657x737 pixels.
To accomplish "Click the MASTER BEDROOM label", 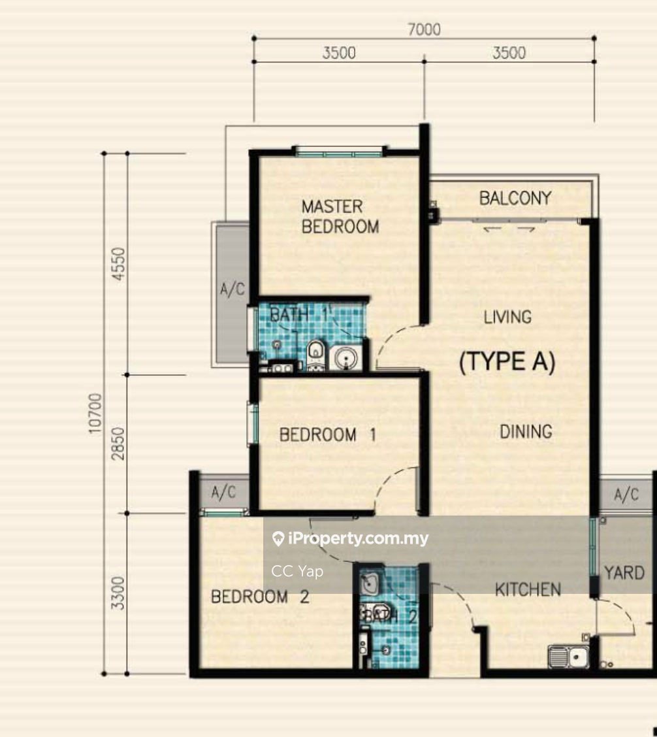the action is click(340, 217).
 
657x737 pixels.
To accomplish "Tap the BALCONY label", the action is click(515, 198).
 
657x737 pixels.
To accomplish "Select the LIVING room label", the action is click(507, 317).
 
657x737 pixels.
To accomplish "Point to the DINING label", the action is click(526, 431).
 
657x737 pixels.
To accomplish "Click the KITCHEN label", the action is click(528, 589).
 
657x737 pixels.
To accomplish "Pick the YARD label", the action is click(624, 573).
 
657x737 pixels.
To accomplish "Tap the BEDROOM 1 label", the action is click(328, 434).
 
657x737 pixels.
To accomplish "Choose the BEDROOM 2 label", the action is click(260, 597).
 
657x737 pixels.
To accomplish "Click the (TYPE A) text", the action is click(507, 362).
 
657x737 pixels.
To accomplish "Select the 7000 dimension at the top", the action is click(424, 29).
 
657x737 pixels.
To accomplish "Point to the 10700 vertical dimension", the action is click(95, 413).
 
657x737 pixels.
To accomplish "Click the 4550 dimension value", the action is click(118, 264).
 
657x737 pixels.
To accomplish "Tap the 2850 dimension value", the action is click(118, 444).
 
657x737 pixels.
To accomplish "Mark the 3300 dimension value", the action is click(118, 593).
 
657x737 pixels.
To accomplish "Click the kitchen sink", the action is click(568, 657).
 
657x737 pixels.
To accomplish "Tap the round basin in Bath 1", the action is click(346, 358).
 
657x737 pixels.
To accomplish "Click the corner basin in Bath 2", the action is click(370, 583).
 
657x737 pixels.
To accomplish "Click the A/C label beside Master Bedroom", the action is click(232, 289).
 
